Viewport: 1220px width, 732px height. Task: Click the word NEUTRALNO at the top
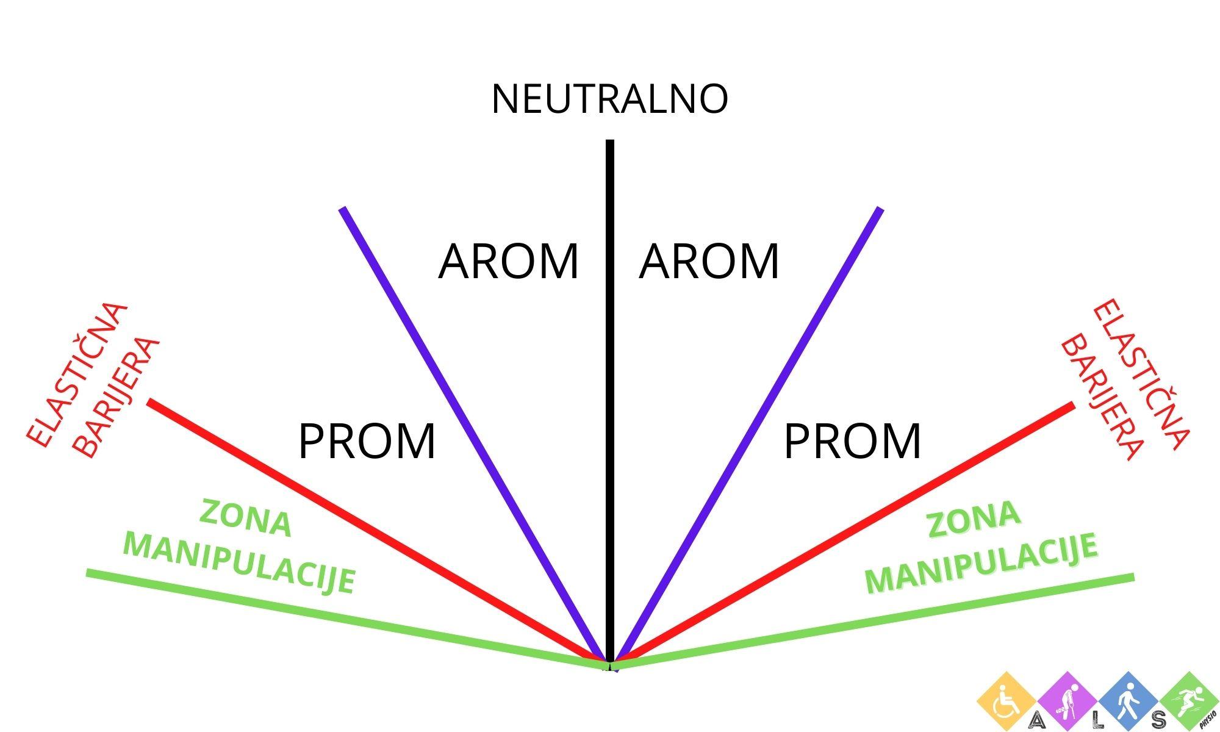pyautogui.click(x=609, y=99)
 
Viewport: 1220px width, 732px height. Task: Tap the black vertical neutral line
pyautogui.click(x=609, y=366)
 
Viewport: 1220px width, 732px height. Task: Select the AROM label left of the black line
pyautogui.click(x=508, y=262)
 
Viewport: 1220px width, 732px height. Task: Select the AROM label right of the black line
pyautogui.click(x=709, y=262)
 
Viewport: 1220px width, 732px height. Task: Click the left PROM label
pyautogui.click(x=367, y=441)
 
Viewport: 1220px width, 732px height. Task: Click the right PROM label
pyautogui.click(x=852, y=441)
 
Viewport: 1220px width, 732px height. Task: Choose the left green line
pyautogui.click(x=335, y=616)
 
